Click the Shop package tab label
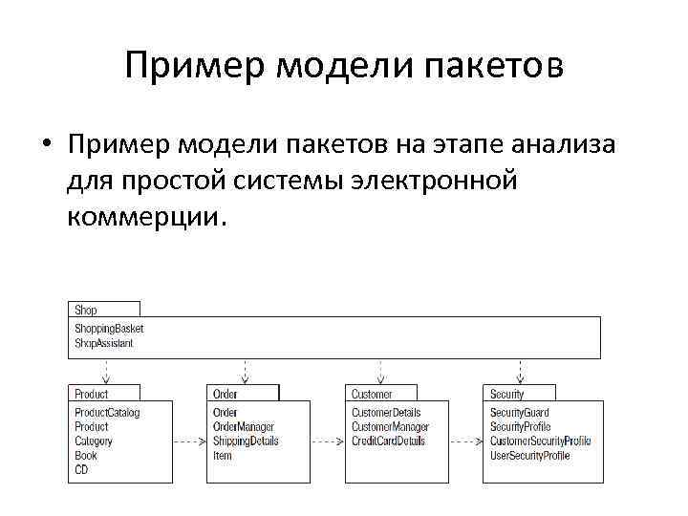[86, 310]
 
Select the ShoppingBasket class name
[109, 329]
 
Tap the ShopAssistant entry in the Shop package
[104, 343]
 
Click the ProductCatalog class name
[107, 413]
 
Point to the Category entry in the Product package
[94, 441]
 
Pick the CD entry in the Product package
[81, 470]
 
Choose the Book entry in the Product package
[86, 456]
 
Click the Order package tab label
[226, 394]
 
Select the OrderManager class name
[244, 427]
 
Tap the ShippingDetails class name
[246, 441]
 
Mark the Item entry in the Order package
[223, 456]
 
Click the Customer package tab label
[372, 394]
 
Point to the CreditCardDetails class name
[388, 441]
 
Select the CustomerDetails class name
[386, 413]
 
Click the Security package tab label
[507, 394]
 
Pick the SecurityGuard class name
[520, 413]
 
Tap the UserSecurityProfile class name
[530, 456]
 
